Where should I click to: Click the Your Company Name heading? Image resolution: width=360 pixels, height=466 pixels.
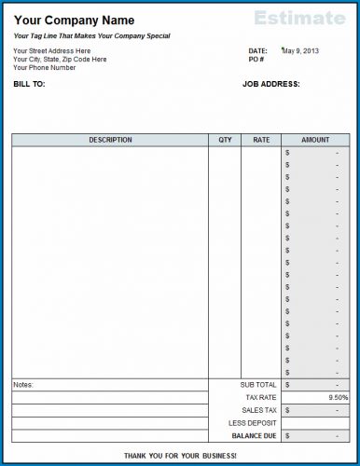74,20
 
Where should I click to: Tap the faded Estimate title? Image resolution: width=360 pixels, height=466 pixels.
299,18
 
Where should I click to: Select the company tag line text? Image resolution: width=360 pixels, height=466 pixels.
91,35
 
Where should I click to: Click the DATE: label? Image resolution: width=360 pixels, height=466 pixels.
257,50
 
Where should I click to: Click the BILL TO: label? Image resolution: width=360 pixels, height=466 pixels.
30,84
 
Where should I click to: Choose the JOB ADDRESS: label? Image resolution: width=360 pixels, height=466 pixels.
270,84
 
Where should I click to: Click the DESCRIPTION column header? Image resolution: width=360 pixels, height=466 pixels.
110,140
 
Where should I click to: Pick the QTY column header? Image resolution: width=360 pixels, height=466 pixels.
225,140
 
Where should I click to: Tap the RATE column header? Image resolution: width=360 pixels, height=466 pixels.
261,140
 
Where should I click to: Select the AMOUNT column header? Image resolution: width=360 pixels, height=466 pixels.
315,140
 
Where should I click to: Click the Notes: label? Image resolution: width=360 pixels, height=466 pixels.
23,384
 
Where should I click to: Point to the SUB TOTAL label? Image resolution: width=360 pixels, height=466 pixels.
258,384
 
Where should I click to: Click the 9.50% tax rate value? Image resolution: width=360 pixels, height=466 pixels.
339,397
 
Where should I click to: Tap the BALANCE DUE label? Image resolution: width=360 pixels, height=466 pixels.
254,434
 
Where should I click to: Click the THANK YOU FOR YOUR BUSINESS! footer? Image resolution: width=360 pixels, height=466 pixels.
180,455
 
